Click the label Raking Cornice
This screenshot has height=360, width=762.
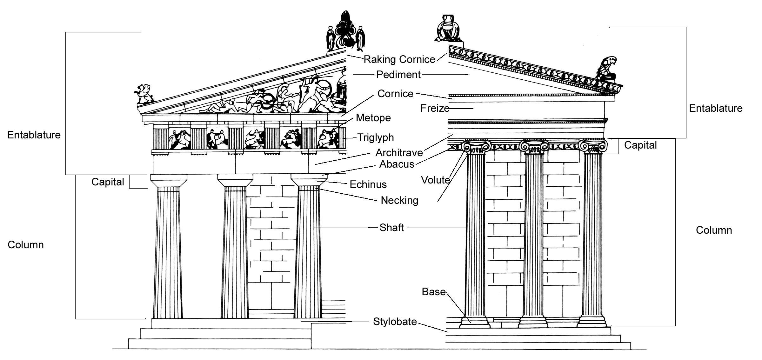399,59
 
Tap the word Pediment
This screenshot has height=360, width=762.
398,75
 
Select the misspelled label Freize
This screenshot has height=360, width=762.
435,109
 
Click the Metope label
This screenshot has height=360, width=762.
373,118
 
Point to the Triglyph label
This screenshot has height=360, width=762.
375,137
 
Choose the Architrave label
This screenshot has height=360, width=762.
399,153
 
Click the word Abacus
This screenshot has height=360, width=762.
397,164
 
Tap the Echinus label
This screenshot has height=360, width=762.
368,184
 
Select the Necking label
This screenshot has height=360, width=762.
399,200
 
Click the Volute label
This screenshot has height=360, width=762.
435,180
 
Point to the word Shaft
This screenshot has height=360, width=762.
391,228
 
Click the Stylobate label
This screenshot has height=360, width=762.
395,322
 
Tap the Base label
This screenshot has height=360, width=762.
433,292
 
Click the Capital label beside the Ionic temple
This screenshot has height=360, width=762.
640,145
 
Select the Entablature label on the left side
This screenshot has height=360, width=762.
34,135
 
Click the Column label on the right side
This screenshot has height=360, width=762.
714,230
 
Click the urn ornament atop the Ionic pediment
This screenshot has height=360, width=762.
448,28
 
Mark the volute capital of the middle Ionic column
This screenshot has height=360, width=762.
534,147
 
